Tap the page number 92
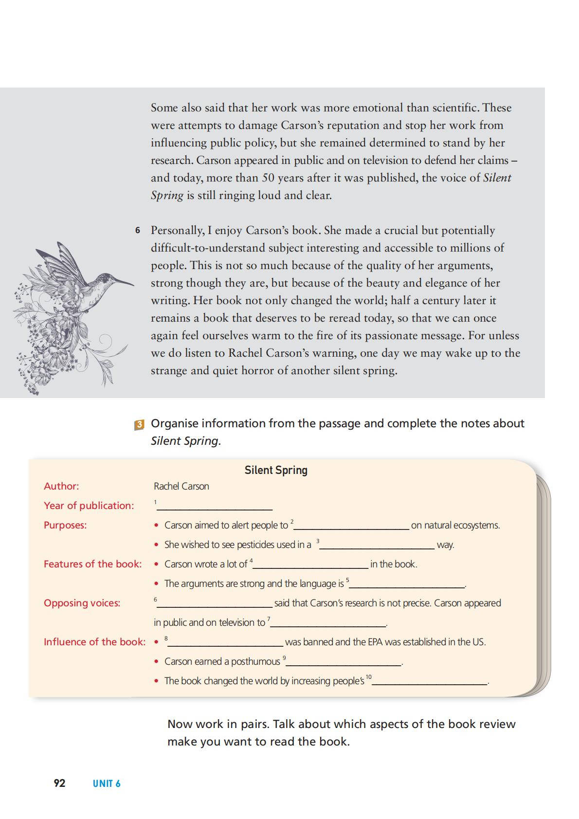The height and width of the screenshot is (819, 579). point(59,783)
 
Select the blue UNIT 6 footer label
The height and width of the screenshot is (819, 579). point(107,783)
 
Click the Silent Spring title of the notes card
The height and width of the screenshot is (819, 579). point(276,470)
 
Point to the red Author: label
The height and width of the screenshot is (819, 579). point(61,486)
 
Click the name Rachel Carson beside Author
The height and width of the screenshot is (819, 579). point(181,486)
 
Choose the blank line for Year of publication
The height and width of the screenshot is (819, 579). point(214,506)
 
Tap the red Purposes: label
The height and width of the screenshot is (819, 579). point(65,525)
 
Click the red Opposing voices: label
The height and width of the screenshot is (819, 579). point(82,603)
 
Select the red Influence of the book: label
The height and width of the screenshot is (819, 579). point(94,642)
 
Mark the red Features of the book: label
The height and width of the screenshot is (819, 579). point(92,564)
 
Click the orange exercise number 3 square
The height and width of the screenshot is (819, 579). point(139,424)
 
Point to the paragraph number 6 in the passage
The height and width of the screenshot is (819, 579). point(138,230)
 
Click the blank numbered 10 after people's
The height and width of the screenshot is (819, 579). point(430,681)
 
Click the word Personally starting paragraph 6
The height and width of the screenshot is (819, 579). point(177,231)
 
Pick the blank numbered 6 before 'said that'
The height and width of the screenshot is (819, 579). point(214,603)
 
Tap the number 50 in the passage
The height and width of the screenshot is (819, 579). point(269,178)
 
